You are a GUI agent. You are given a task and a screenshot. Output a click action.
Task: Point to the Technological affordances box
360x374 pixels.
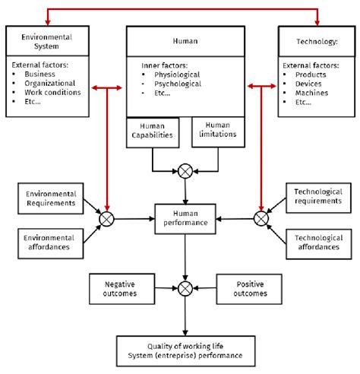(x=318, y=242)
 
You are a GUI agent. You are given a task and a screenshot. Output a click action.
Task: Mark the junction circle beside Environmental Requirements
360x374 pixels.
(x=106, y=218)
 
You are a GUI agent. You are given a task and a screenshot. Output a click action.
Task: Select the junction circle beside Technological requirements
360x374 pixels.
(x=261, y=218)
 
